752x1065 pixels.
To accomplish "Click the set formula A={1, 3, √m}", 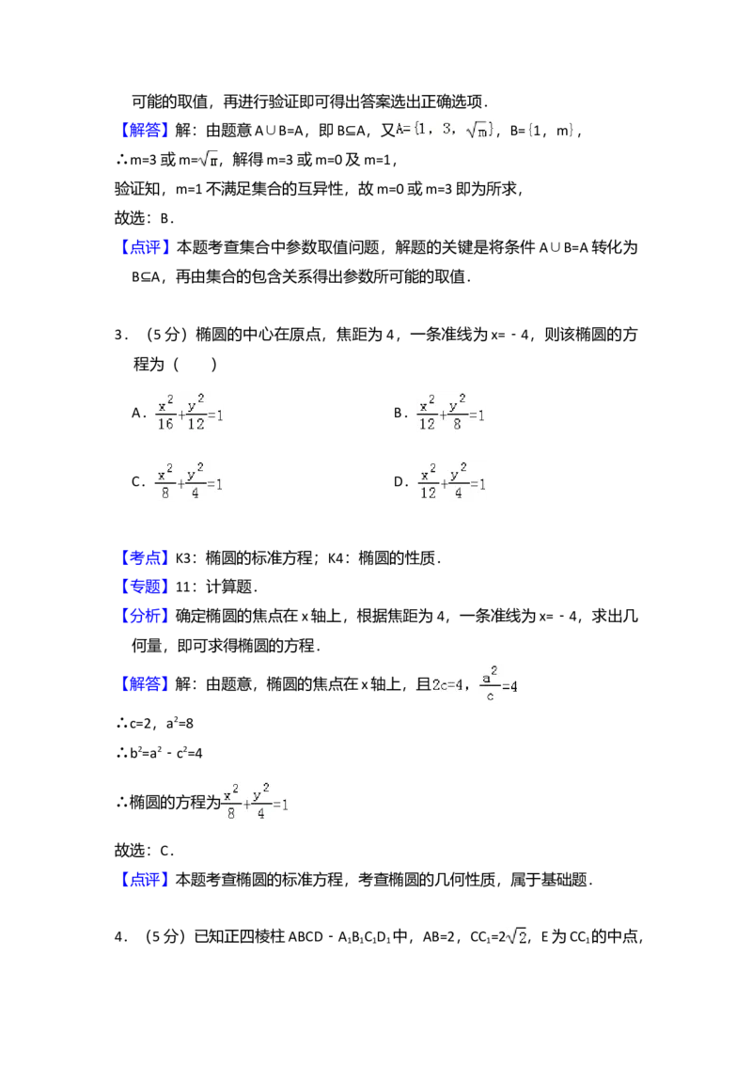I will tap(444, 129).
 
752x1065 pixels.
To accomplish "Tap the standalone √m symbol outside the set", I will tap(207, 159).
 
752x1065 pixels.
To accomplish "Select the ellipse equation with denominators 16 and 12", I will tap(188, 414).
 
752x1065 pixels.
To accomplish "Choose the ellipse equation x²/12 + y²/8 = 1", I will tap(451, 414).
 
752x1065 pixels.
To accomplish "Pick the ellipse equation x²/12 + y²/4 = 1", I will tap(451, 481).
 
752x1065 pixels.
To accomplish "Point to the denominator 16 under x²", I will tap(165, 424).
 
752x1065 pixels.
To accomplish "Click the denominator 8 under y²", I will tap(458, 424).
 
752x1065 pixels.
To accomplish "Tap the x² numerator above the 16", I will tap(165, 404).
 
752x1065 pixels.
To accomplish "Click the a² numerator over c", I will tap(489, 674).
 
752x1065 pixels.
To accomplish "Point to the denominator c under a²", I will tap(489, 697).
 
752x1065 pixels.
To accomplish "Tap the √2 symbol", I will tap(515, 936).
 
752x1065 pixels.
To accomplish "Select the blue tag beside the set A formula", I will tap(146, 131).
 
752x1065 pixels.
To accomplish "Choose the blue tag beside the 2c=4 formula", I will tap(146, 682).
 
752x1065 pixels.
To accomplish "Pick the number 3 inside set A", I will tap(446, 129).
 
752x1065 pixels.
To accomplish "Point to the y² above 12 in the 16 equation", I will tap(196, 404).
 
